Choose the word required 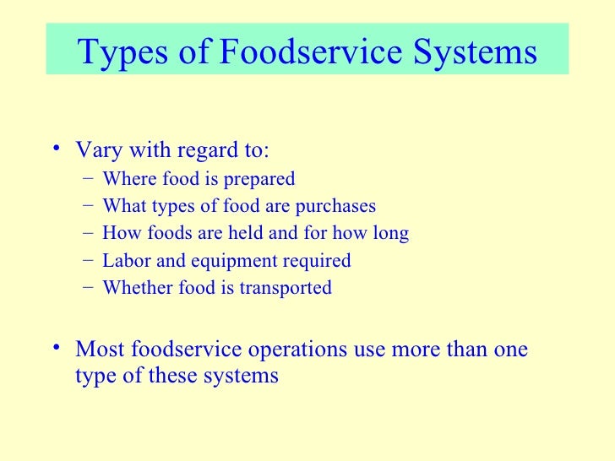[318, 261]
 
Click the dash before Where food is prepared [87, 179]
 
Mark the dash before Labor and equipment [87, 260]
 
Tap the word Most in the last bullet [98, 349]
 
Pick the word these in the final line [173, 375]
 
